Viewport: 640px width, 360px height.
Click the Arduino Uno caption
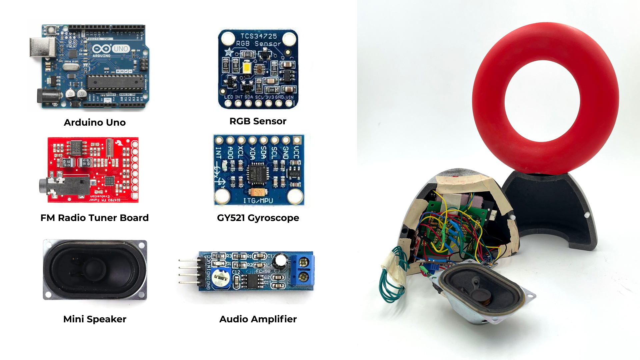pyautogui.click(x=95, y=122)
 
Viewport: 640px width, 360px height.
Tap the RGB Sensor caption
pyautogui.click(x=258, y=121)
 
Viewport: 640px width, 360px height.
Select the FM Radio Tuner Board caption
pyautogui.click(x=94, y=218)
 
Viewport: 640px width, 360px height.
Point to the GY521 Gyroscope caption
pyautogui.click(x=258, y=218)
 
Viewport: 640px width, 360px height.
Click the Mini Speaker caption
pyautogui.click(x=95, y=319)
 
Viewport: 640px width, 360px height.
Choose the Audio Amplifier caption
pyautogui.click(x=258, y=319)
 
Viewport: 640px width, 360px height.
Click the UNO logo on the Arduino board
pyautogui.click(x=120, y=49)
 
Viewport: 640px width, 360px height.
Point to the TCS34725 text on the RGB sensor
pyautogui.click(x=259, y=36)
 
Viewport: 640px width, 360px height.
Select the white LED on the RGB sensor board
pyautogui.click(x=247, y=68)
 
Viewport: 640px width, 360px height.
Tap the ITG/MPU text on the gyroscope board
pyautogui.click(x=258, y=201)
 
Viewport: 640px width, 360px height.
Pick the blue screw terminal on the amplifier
pyautogui.click(x=303, y=270)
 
